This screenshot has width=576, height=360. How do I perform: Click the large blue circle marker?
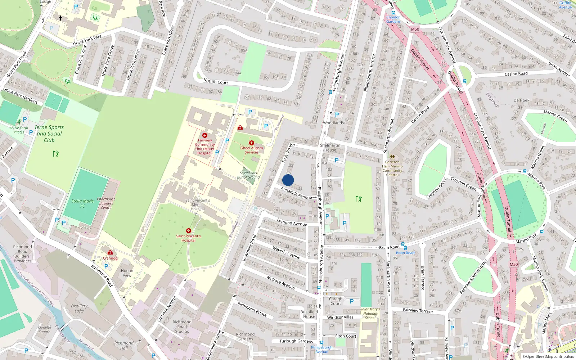288,180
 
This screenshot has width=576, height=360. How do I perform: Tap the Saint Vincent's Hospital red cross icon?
188,231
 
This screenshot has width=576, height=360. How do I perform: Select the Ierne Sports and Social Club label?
49,134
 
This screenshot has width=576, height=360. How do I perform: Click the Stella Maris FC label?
82,203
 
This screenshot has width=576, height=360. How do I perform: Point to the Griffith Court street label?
216,81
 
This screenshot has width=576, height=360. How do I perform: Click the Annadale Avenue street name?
296,193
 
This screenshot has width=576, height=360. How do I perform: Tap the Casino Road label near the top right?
516,74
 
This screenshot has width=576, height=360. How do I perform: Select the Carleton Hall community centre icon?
392,157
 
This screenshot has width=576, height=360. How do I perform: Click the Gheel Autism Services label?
252,150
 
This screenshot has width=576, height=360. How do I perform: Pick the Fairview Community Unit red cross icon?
205,135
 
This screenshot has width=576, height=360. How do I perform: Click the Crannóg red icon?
110,253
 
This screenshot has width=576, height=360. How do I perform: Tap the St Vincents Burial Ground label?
248,175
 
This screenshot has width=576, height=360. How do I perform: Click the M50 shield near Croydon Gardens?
415,29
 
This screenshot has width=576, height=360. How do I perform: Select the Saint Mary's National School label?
370,313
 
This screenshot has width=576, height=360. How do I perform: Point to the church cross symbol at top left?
60,18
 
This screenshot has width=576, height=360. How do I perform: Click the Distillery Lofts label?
79,308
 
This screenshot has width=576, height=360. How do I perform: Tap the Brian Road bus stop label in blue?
405,253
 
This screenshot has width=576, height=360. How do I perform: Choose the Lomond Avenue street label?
292,222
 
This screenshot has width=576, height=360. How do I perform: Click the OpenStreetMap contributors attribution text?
548,356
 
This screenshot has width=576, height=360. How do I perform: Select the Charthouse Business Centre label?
106,203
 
